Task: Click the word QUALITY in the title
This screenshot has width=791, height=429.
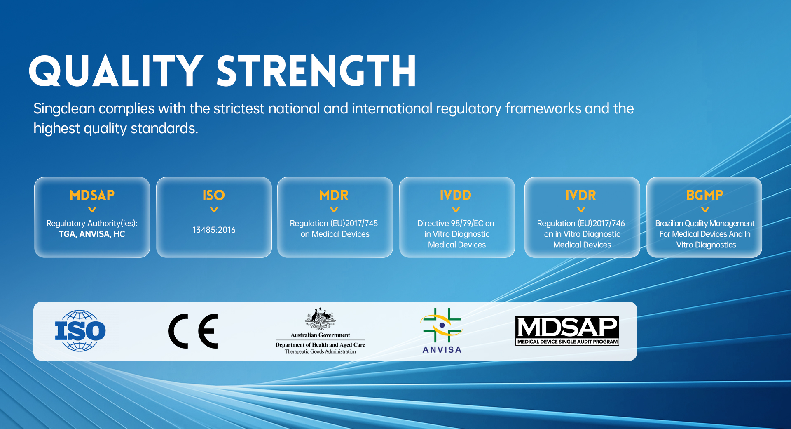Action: coord(116,71)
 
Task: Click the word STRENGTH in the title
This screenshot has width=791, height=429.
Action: coord(316,71)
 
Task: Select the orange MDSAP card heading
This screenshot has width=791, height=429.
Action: coord(92,195)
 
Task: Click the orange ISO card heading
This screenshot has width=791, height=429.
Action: coord(213,195)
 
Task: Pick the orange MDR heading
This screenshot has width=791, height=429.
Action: coord(334,195)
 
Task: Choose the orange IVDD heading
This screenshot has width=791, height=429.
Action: coord(455,195)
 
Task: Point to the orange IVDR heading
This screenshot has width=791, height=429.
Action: coord(580,195)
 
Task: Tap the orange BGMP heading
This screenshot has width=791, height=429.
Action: coord(704,195)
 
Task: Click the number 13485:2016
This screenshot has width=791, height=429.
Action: coord(214,230)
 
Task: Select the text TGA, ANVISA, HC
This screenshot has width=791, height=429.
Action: coord(92,234)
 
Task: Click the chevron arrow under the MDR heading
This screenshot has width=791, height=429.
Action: coord(334,210)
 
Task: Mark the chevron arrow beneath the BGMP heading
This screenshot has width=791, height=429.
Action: coord(705,210)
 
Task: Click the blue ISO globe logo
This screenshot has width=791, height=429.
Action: coord(80,331)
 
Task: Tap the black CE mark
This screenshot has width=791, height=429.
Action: coord(193,331)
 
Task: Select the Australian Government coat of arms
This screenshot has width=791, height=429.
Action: coord(320,318)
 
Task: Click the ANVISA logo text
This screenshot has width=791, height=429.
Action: coord(442,350)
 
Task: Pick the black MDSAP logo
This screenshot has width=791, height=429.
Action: coord(567,330)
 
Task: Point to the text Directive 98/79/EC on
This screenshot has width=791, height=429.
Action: coord(456,224)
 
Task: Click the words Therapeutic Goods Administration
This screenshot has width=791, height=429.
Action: coord(320,352)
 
